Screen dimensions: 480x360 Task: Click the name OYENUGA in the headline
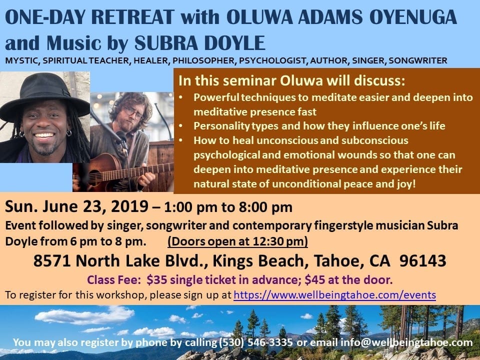[x=413, y=16]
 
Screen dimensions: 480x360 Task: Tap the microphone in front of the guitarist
[x=122, y=138]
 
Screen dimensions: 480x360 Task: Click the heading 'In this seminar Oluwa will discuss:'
[x=291, y=80]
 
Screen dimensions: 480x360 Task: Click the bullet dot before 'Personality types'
[x=181, y=126]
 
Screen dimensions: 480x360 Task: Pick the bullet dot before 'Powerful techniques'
[x=181, y=97]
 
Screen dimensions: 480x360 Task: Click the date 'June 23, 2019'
[x=95, y=206]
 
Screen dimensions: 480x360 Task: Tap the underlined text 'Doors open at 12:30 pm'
[x=237, y=241]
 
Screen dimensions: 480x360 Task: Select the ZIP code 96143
[x=423, y=261]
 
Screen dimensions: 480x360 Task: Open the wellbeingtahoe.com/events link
[x=334, y=295]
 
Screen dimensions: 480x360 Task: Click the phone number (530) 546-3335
[x=255, y=342]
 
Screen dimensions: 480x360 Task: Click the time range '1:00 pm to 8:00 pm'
[x=228, y=207]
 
